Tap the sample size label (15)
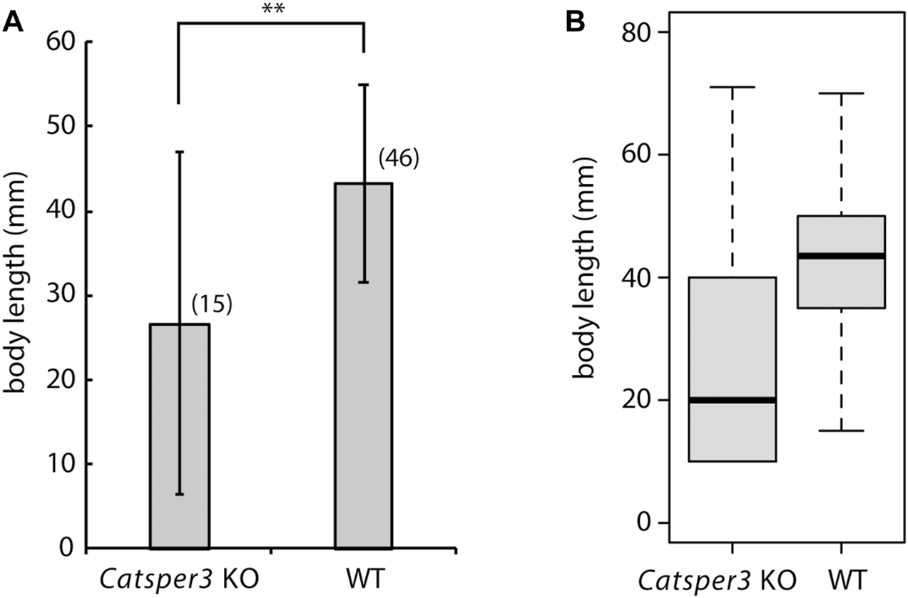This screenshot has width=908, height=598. tap(212, 305)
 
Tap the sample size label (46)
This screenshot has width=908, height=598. tap(397, 158)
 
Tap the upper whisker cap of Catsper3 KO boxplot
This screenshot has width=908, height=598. tap(733, 87)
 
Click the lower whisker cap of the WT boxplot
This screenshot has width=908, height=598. tap(842, 431)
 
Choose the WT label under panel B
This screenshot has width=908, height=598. tap(842, 574)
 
